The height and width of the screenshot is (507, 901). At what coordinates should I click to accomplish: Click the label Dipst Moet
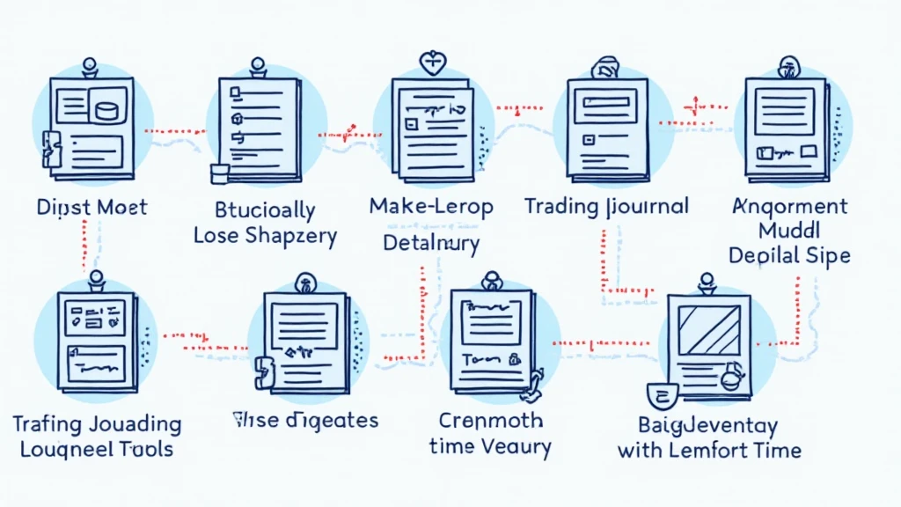[92, 209]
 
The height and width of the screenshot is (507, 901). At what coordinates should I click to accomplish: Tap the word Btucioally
[265, 210]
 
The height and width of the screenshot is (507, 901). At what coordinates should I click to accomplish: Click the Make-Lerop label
[430, 207]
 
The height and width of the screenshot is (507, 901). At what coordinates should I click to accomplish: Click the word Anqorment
[789, 207]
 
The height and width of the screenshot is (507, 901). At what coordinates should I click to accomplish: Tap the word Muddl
[789, 231]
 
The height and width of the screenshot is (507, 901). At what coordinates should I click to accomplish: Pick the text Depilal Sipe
[789, 255]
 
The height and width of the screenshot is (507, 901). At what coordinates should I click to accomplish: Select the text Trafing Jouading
[97, 424]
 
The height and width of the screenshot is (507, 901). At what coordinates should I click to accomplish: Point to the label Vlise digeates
[304, 420]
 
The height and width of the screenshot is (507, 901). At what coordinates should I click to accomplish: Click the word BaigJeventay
[708, 427]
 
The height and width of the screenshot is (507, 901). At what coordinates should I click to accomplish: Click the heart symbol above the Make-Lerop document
[432, 63]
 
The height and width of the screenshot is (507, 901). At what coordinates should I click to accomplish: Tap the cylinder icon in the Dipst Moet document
[108, 111]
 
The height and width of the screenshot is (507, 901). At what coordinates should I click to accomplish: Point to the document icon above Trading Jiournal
[606, 129]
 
